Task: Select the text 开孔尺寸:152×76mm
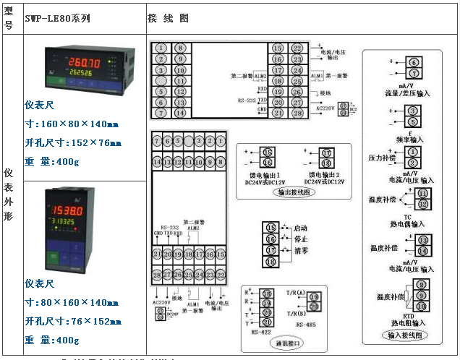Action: pyautogui.click(x=72, y=142)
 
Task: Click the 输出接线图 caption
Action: pyautogui.click(x=293, y=193)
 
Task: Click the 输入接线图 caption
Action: pyautogui.click(x=407, y=335)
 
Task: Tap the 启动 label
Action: pyautogui.click(x=300, y=228)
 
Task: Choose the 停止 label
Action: pyautogui.click(x=300, y=238)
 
